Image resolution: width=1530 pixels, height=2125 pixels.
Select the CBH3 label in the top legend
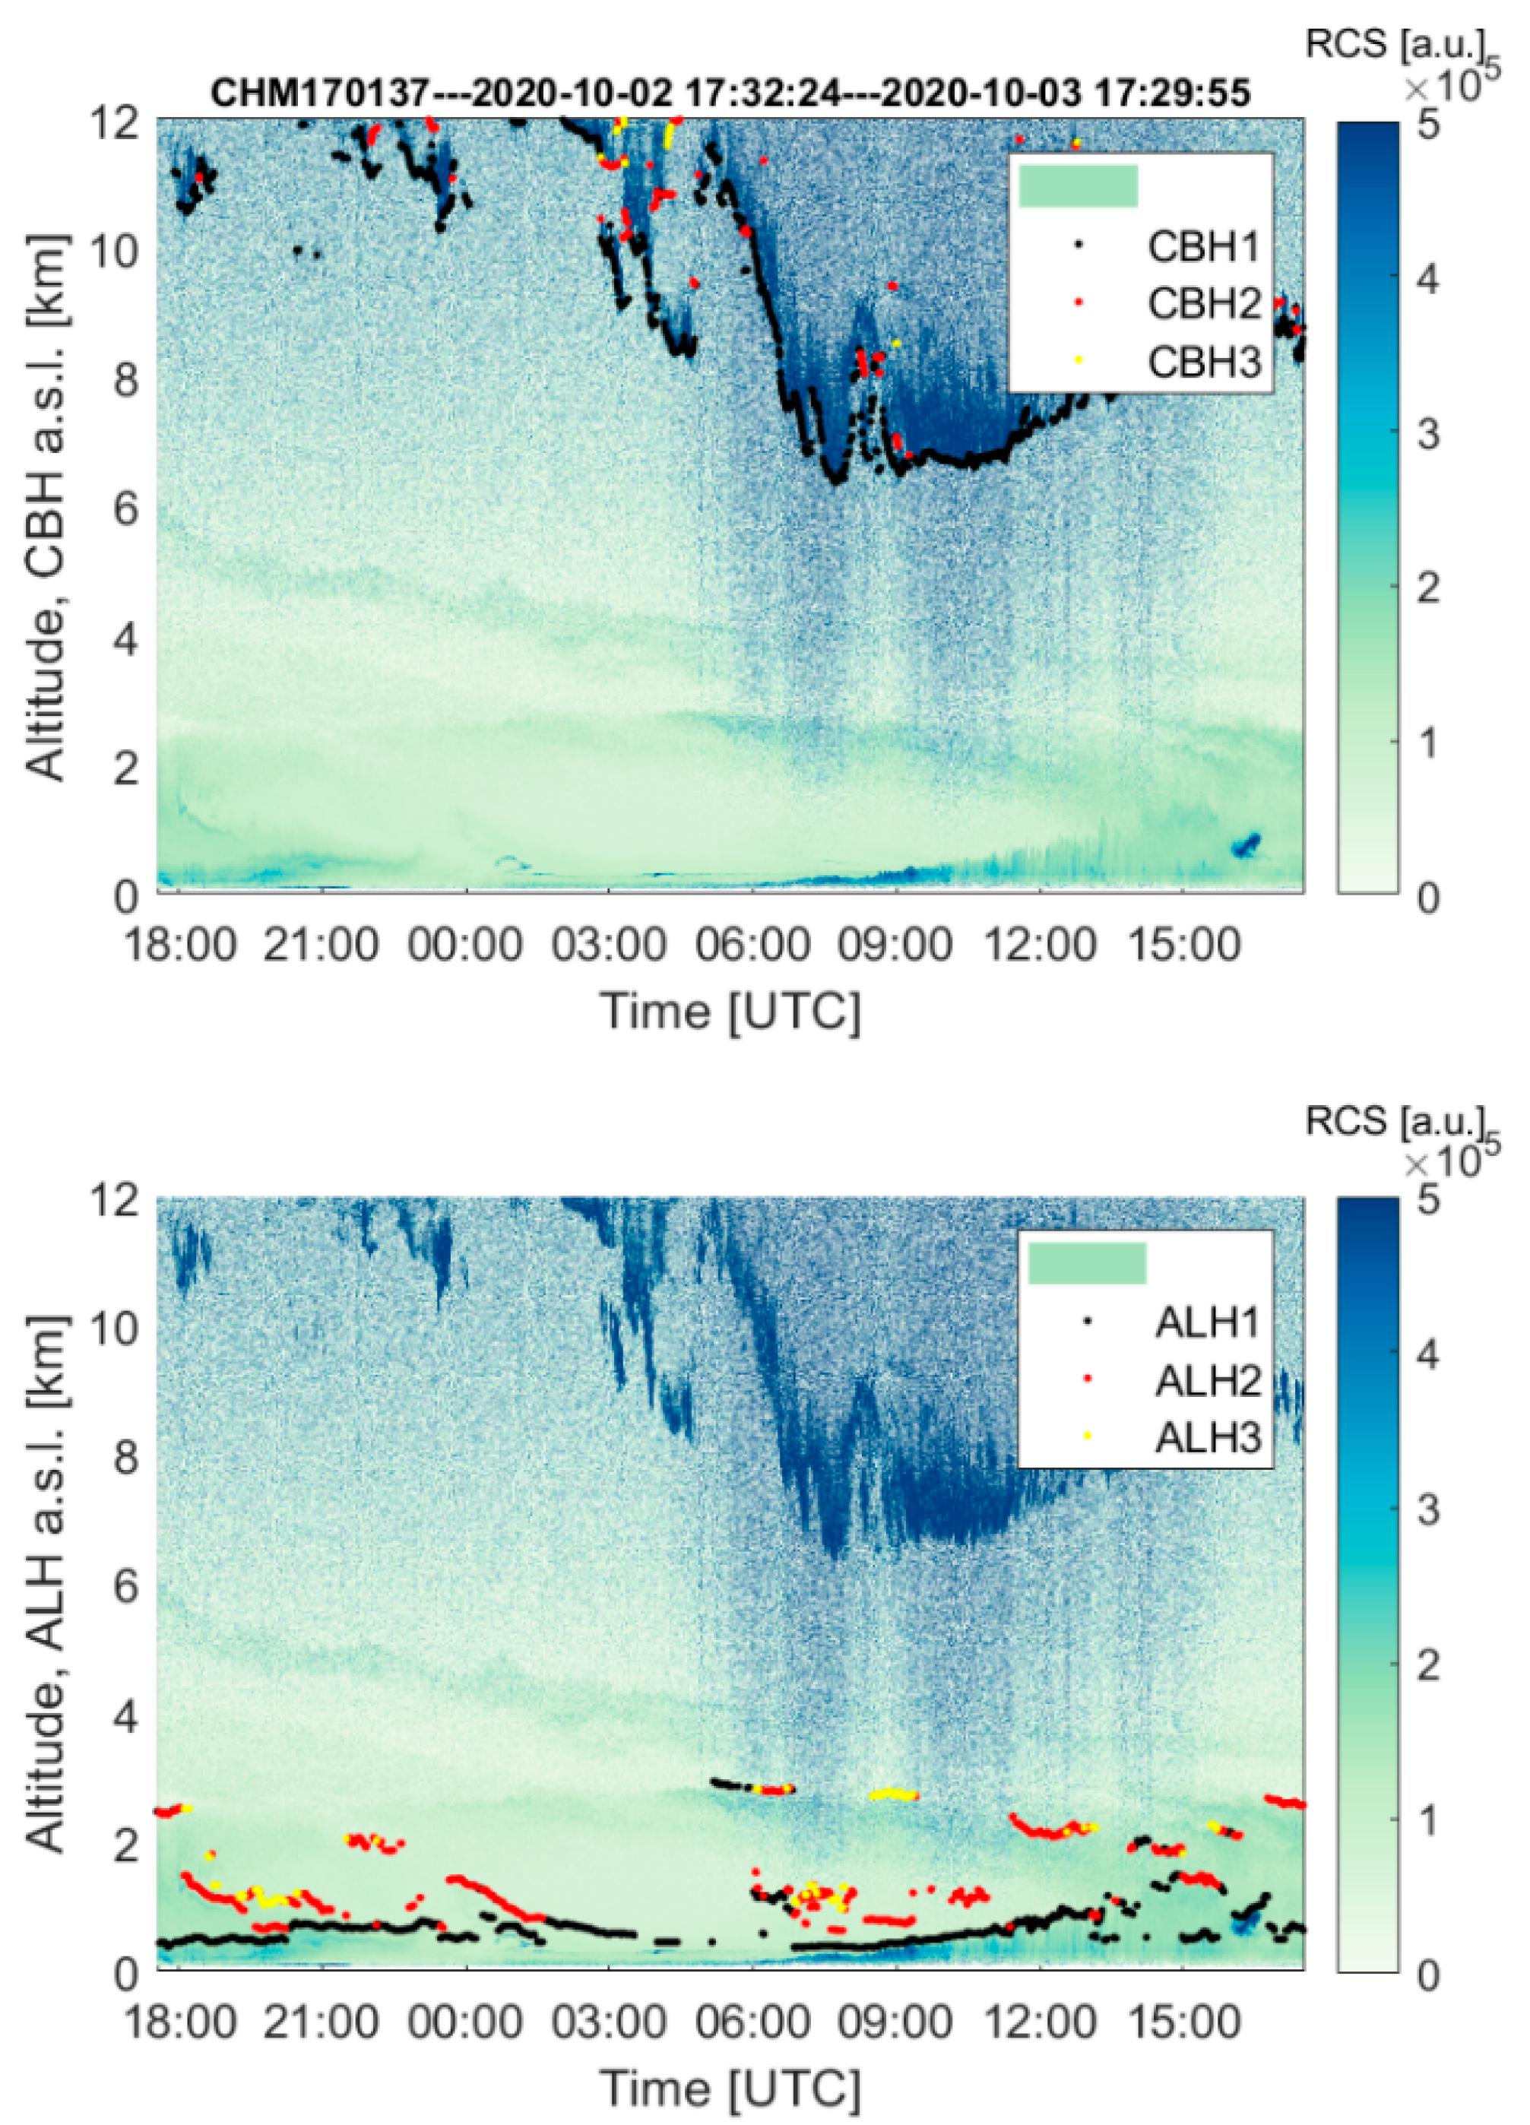pyautogui.click(x=1205, y=362)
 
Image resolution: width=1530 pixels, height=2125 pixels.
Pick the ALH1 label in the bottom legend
pyautogui.click(x=1208, y=1322)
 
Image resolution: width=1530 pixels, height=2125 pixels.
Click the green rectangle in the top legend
pyautogui.click(x=1078, y=185)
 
